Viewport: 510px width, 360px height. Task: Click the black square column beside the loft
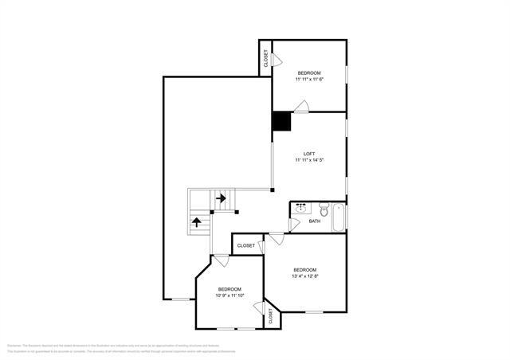281,121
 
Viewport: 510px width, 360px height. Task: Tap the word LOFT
309,154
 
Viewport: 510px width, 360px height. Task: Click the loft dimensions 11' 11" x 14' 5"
309,161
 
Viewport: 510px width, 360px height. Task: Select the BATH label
314,221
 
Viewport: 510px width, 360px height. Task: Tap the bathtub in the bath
339,217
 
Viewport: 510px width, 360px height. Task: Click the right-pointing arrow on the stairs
220,198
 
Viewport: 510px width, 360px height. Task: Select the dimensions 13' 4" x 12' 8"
305,276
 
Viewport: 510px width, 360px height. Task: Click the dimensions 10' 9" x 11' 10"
229,295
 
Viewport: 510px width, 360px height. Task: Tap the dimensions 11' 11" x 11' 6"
309,79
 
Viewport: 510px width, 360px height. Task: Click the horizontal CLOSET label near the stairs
246,246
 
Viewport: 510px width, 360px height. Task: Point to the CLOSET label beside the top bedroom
265,58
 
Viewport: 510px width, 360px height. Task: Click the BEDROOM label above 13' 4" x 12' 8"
305,269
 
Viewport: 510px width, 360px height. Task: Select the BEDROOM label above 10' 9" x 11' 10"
229,288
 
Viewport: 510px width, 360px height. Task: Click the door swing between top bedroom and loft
302,106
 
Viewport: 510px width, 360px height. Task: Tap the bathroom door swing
294,225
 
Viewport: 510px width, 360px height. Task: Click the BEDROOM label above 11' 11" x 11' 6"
309,72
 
